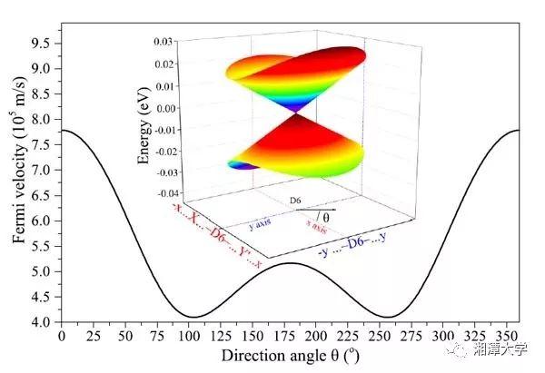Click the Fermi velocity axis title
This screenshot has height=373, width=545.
[x=17, y=182]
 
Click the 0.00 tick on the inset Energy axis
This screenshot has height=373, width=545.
[x=163, y=108]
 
